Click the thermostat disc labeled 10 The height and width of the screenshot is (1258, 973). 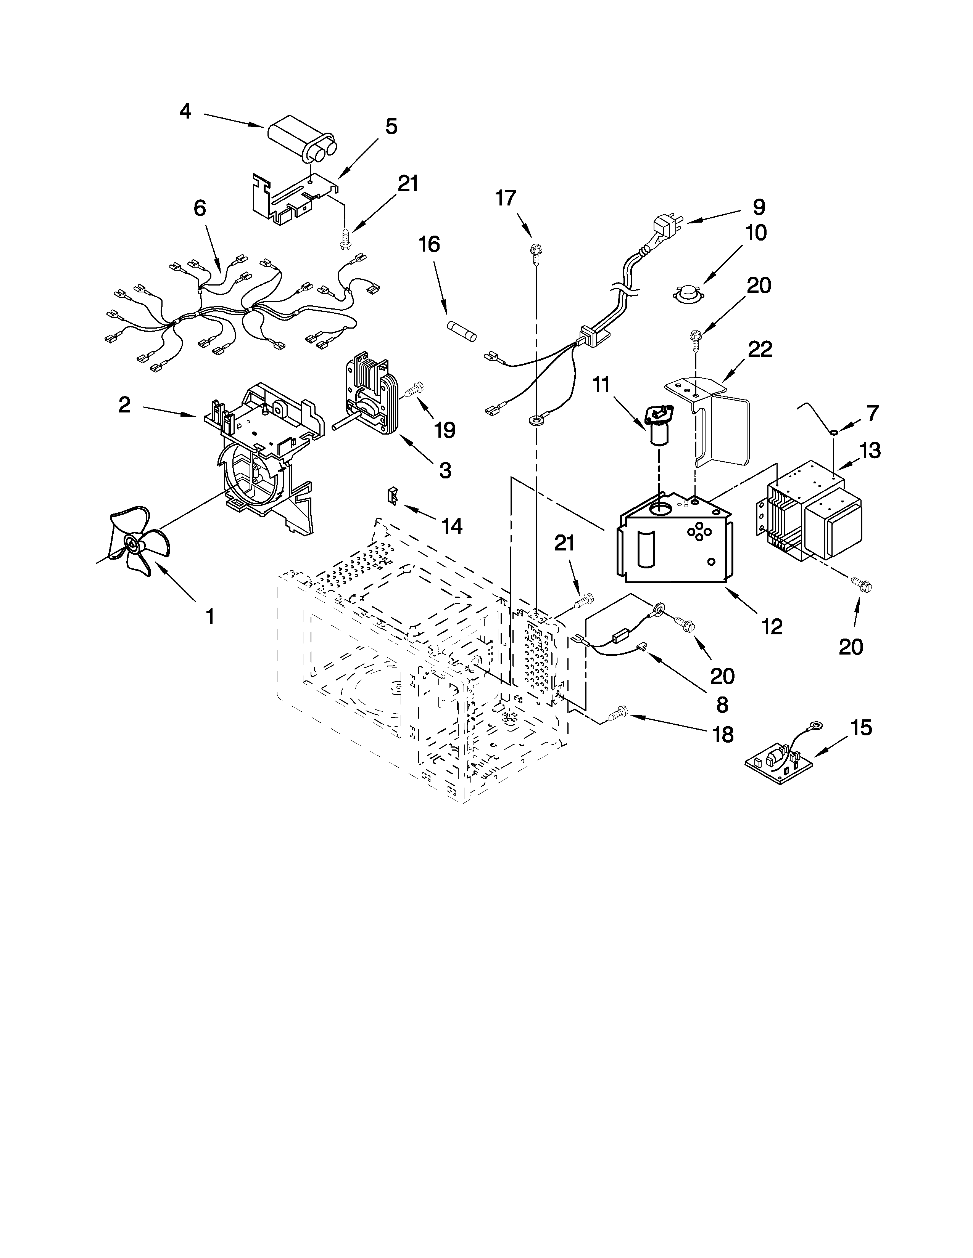686,293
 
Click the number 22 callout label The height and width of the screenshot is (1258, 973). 760,349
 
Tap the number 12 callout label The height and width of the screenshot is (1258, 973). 772,626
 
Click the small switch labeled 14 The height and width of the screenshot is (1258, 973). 393,495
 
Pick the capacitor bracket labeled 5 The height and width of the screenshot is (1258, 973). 291,199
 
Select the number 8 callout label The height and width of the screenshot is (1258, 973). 722,704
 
